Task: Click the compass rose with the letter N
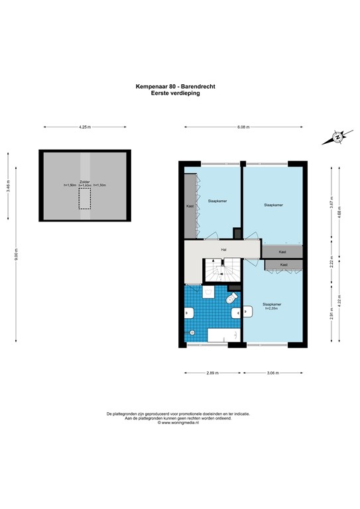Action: tap(337, 138)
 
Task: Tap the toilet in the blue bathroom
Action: tap(232, 302)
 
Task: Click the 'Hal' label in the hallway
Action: tap(224, 249)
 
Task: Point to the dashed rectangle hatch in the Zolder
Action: tap(84, 198)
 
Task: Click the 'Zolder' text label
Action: tap(84, 181)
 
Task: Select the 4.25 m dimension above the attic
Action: tap(84, 127)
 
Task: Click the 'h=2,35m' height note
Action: tap(271, 309)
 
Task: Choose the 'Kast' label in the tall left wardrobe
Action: tap(190, 206)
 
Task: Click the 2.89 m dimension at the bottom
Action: tap(213, 372)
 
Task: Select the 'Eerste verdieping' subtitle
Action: tap(176, 93)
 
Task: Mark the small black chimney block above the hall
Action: tap(237, 233)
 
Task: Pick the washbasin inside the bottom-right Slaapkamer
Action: tap(247, 310)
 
